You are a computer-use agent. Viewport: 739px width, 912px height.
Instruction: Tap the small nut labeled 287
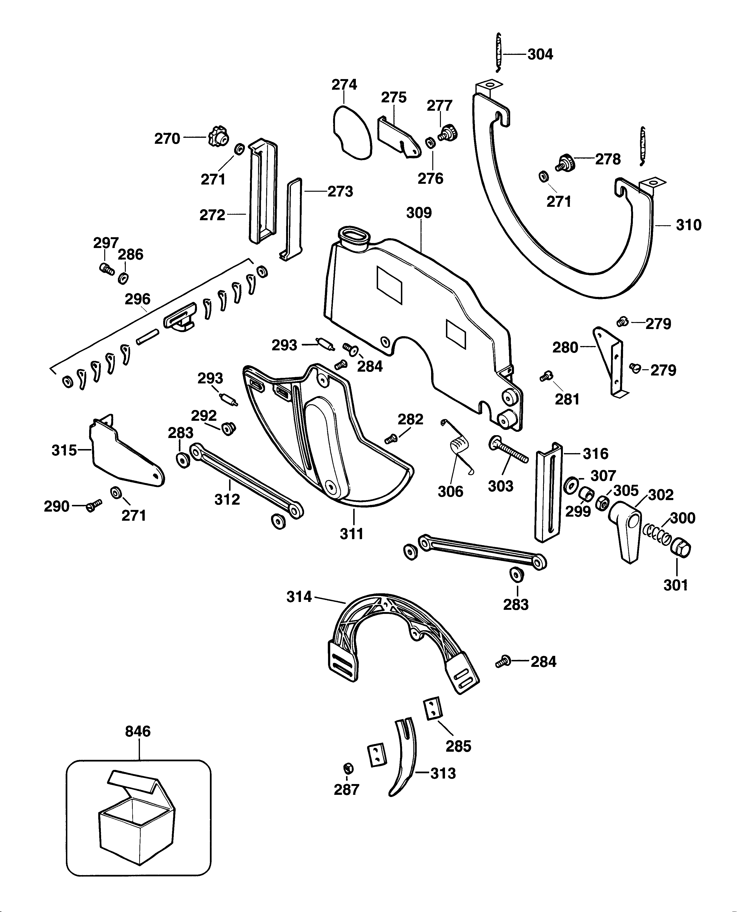347,768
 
